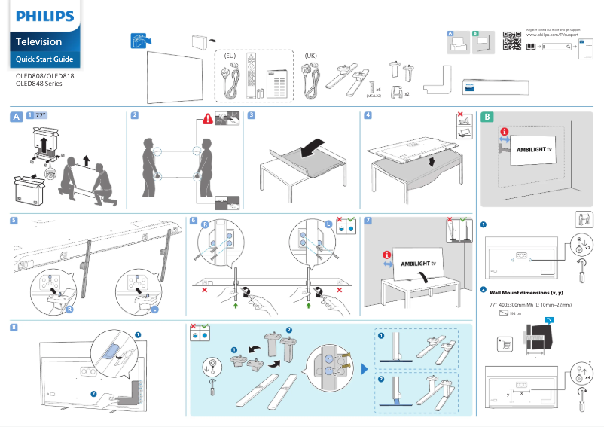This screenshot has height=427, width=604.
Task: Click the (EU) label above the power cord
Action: pyautogui.click(x=231, y=56)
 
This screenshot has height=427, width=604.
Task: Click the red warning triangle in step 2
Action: pyautogui.click(x=208, y=118)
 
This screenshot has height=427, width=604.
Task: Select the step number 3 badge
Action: pyautogui.click(x=252, y=115)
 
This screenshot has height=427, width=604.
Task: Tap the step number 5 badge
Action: pyautogui.click(x=15, y=221)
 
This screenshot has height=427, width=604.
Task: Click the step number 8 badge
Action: pyautogui.click(x=15, y=326)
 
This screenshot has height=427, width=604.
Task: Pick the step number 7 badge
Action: pyautogui.click(x=368, y=221)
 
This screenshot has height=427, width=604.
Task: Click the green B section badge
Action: pyautogui.click(x=487, y=117)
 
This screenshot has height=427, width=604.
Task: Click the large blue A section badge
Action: pyautogui.click(x=16, y=117)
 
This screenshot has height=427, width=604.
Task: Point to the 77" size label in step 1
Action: pyautogui.click(x=41, y=115)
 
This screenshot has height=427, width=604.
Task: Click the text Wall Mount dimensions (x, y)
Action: pyautogui.click(x=526, y=292)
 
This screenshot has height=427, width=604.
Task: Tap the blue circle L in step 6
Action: pyautogui.click(x=329, y=224)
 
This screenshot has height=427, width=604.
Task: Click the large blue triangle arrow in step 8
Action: pyautogui.click(x=365, y=369)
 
